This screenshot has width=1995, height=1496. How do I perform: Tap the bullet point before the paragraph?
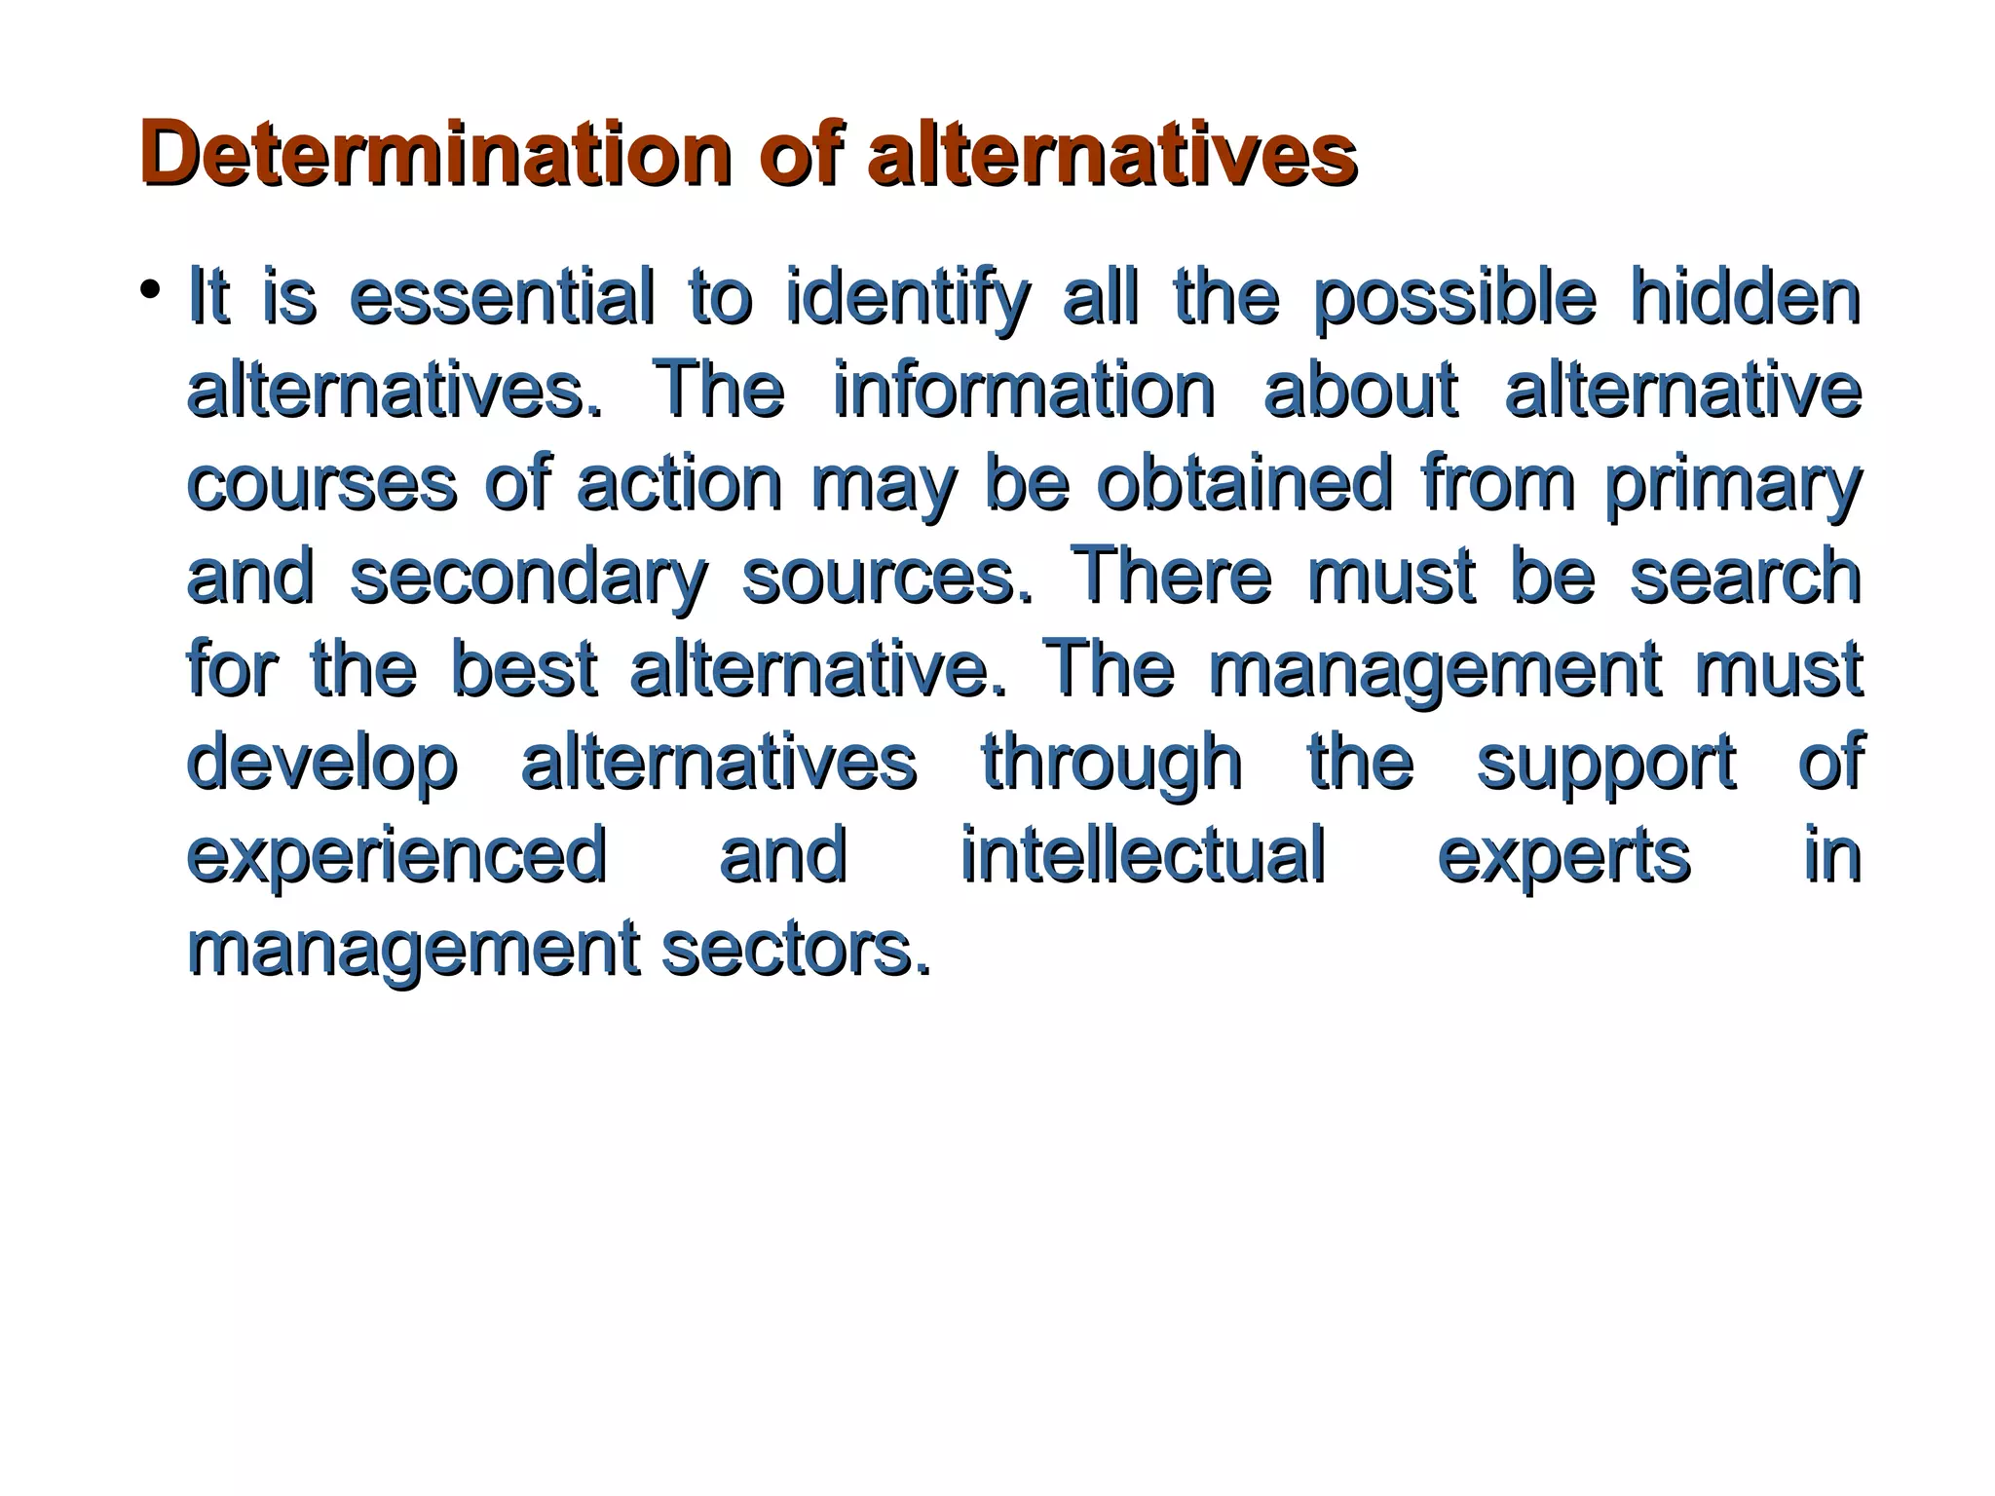click(149, 289)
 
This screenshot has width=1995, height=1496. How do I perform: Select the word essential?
click(502, 298)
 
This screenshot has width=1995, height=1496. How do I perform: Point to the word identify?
click(907, 298)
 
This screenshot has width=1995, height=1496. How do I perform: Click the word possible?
click(1454, 298)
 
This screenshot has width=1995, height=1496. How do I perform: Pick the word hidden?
click(1746, 298)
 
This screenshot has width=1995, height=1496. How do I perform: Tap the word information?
click(1024, 391)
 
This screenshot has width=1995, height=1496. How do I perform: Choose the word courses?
click(321, 484)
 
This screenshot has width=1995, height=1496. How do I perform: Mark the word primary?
click(1733, 484)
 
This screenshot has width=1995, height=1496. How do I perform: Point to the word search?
click(1746, 577)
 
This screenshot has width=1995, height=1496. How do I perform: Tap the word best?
click(524, 670)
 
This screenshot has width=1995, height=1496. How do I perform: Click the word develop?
click(321, 763)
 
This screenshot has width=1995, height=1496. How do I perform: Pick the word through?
click(1111, 763)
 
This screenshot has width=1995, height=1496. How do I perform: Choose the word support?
click(1606, 763)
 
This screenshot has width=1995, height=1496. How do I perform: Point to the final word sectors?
click(796, 949)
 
